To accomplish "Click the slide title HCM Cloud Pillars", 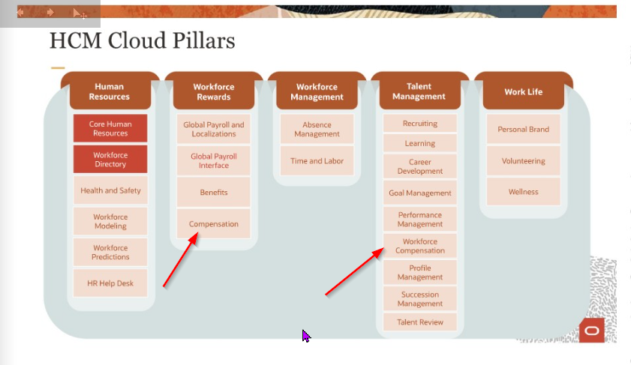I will coord(142,40).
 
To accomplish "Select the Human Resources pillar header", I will coord(110,91).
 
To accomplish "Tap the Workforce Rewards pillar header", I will coord(213,91).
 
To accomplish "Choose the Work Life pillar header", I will coord(523,91).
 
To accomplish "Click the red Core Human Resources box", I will coord(110,128).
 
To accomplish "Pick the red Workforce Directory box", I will coord(110,160).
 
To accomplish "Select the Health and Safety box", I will coord(110,190).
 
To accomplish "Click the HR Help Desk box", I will coord(110,283).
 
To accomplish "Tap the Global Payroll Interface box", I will coord(214,161).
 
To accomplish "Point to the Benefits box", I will coord(214,193).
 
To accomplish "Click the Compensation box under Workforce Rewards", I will coord(214,224).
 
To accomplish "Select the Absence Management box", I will coord(317,130).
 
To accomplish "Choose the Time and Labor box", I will coord(317,161).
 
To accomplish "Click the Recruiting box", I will coord(419,123).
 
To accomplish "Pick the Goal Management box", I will coord(419,193).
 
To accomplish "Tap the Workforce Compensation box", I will coord(419,246).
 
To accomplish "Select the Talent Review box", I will coord(419,322).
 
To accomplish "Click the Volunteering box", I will coord(523,161).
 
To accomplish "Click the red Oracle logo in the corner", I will coord(591,331).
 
